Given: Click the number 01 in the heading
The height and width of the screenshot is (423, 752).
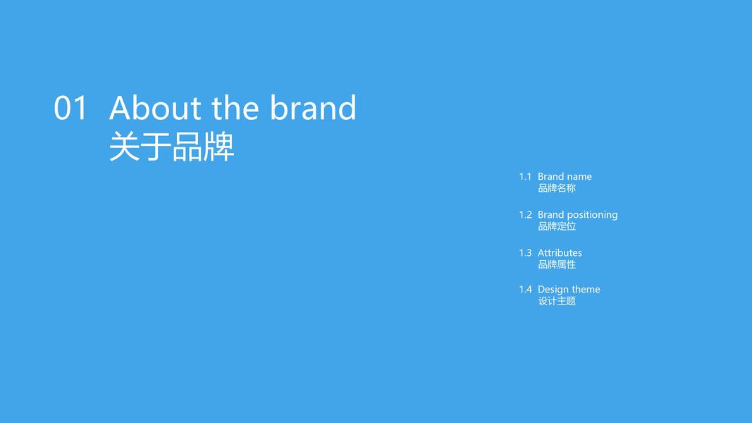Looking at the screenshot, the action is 70,108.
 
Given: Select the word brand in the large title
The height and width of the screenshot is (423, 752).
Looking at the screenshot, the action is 313,107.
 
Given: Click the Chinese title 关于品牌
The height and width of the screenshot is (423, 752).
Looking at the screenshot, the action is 172,147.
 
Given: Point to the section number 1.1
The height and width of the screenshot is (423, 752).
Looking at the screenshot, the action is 525,176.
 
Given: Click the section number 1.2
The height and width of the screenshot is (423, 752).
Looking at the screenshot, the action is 525,215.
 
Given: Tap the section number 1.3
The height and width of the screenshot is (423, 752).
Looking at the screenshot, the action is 525,253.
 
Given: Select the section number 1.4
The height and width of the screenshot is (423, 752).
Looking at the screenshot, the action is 525,289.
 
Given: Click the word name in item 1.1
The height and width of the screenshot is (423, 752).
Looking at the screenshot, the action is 579,177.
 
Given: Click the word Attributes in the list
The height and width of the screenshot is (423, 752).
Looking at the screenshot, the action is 560,253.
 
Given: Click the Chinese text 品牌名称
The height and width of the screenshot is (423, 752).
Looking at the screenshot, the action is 557,188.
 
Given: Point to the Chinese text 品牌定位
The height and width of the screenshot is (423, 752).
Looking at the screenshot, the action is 557,226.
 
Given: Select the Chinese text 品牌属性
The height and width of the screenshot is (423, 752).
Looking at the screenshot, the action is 557,264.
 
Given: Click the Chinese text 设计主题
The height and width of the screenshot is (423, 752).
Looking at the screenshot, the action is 557,301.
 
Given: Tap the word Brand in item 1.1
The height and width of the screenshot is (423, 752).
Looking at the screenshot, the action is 550,176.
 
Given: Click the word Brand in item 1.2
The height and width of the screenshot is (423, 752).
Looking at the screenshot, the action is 550,215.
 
